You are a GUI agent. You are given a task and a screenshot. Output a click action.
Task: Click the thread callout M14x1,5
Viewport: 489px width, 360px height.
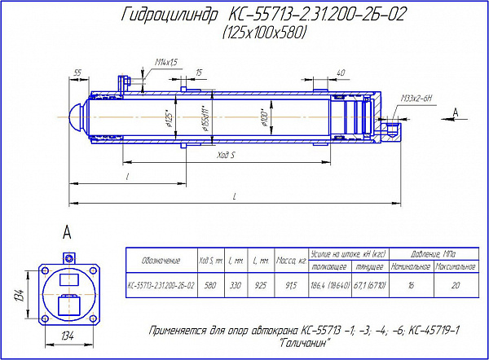[165, 62]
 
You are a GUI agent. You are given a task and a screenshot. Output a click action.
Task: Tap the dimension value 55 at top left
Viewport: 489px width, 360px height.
[78, 73]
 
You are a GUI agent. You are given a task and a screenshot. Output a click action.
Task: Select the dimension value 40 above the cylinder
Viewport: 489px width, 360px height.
[340, 73]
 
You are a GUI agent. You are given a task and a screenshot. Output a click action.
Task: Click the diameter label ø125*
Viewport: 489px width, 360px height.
[168, 118]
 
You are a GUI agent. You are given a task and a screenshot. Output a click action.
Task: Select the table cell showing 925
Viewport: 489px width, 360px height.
[259, 286]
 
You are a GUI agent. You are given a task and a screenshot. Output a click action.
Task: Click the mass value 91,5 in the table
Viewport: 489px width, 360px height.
[289, 286]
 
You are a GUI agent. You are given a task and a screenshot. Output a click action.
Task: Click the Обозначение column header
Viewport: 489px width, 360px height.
[161, 260]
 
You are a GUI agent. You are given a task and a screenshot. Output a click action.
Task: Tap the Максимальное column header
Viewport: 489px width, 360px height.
[455, 266]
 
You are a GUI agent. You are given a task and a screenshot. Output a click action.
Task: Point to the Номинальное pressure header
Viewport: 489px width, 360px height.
[410, 266]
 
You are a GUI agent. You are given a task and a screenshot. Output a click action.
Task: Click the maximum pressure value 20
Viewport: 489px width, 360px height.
[455, 286]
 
